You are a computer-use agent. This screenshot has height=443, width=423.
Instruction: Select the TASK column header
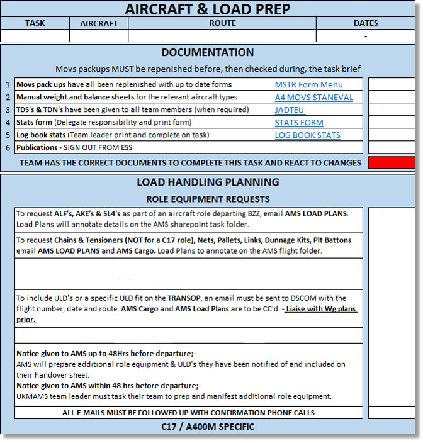pyautogui.click(x=35, y=23)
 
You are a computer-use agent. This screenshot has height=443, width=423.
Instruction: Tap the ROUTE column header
pyautogui.click(x=222, y=23)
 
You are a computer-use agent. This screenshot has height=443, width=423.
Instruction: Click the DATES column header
pyautogui.click(x=366, y=23)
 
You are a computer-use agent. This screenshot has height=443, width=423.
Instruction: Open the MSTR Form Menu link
pyautogui.click(x=308, y=85)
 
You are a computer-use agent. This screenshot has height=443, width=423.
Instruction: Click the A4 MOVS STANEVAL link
pyautogui.click(x=314, y=98)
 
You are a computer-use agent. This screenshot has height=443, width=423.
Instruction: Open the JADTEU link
pyautogui.click(x=290, y=110)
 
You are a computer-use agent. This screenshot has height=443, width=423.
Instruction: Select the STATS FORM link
pyautogui.click(x=299, y=123)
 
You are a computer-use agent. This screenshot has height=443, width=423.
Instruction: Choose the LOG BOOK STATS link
pyautogui.click(x=307, y=135)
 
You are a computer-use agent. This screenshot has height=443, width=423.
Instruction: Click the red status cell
pyautogui.click(x=391, y=163)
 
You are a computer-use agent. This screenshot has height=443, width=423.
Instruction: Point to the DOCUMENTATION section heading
pyautogui.click(x=207, y=53)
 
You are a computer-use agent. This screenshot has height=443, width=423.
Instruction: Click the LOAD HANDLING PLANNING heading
pyautogui.click(x=208, y=182)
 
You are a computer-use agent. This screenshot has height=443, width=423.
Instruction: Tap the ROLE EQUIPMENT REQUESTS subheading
pyautogui.click(x=208, y=199)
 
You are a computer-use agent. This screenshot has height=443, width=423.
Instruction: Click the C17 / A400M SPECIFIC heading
pyautogui.click(x=208, y=427)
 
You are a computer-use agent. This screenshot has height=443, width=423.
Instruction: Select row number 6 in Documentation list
pyautogui.click(x=8, y=148)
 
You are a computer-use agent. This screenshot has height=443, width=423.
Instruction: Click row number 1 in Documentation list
pyautogui.click(x=8, y=85)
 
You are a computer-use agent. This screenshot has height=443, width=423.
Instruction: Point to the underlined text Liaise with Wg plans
pyautogui.click(x=322, y=309)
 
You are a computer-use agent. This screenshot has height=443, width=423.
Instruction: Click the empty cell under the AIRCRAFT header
pyautogui.click(x=98, y=36)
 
